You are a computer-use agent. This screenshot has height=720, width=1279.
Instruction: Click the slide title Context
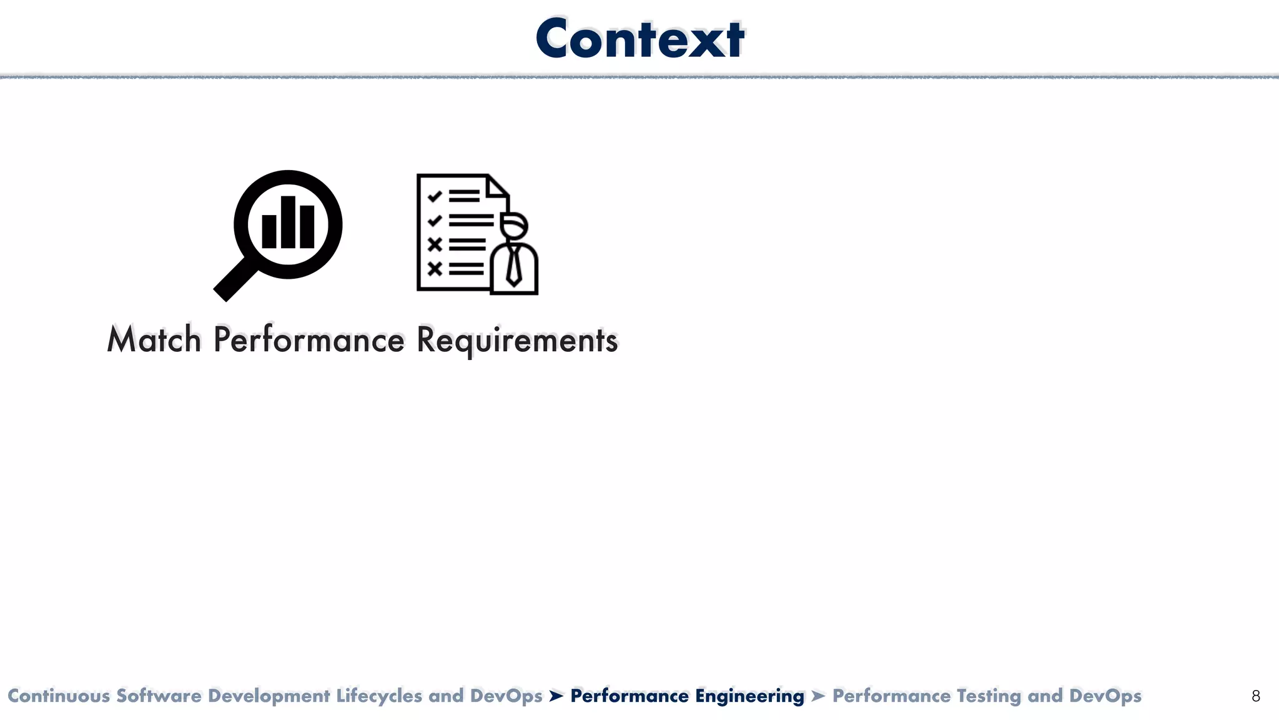639,39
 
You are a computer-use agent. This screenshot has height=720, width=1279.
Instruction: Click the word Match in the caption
154,340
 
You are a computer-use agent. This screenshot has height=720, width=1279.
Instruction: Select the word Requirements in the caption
516,340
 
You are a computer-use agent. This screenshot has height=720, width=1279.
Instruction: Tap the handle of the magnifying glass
234,281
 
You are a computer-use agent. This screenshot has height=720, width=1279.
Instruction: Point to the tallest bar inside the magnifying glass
288,222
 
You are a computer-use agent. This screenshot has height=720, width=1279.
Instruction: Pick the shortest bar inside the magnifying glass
269,231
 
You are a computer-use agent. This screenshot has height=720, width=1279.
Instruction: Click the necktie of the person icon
514,265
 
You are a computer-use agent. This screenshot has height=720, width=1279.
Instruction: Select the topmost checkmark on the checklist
435,197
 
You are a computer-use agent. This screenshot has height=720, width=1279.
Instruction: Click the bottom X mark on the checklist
435,269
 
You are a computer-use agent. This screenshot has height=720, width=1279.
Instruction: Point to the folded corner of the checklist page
498,186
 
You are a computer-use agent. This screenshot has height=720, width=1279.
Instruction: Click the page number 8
1256,696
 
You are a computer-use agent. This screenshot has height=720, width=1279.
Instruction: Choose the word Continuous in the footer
59,696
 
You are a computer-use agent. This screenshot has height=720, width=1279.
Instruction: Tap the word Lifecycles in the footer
379,696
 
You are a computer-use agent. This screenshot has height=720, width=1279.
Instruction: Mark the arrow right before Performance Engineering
556,696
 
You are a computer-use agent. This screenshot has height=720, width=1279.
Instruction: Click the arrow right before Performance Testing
818,696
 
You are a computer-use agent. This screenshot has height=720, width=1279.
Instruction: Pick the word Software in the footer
159,696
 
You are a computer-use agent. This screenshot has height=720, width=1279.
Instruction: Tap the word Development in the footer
269,696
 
